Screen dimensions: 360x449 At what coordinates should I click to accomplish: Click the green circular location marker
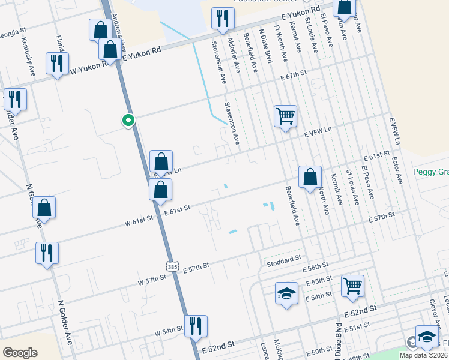tap(128, 120)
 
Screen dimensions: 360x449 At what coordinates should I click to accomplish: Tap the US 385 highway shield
tap(173, 265)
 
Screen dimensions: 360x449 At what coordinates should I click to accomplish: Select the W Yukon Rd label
tap(90, 68)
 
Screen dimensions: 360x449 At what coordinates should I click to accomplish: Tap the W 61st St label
tap(139, 220)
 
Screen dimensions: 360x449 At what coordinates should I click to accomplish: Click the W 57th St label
tap(151, 280)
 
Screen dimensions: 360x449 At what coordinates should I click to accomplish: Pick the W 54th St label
tap(168, 331)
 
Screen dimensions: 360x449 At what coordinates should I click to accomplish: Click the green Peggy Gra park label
tap(430, 172)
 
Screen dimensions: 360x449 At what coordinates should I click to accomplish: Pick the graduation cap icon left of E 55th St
tap(286, 293)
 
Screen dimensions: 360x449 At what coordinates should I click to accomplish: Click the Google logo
tap(20, 352)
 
